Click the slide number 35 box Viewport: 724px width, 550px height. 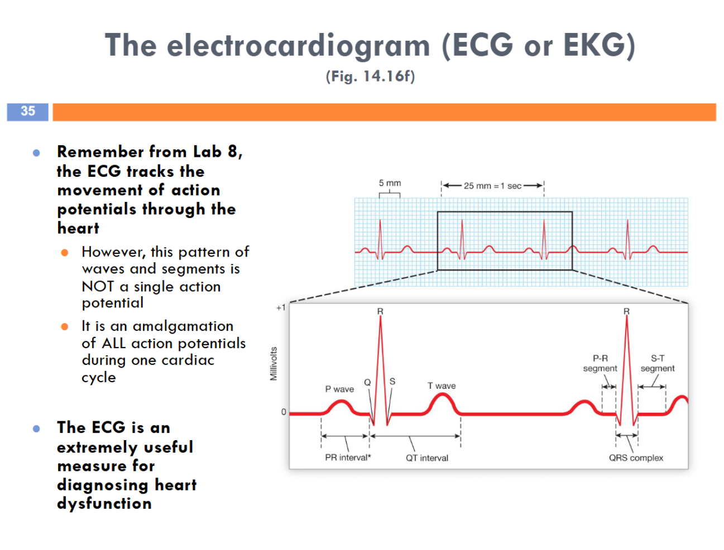27,112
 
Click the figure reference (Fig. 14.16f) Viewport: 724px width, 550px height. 370,76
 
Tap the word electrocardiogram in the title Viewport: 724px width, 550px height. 298,46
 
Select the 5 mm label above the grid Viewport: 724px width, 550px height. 390,183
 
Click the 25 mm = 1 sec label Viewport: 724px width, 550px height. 492,186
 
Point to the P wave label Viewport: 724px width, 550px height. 339,389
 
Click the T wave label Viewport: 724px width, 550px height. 442,386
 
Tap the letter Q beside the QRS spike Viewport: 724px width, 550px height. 367,382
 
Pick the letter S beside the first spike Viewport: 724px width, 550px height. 392,382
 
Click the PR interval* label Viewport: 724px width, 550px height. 348,458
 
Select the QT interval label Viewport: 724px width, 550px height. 427,458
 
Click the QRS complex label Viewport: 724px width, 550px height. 636,458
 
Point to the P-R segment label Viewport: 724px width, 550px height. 600,363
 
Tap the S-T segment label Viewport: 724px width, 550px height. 658,363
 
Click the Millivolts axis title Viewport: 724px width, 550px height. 274,364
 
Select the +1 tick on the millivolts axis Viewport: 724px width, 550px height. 281,307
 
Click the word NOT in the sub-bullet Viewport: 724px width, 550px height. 98,287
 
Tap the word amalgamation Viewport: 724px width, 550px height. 183,326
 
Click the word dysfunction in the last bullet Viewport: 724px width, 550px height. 104,504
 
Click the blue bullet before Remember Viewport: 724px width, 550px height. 36,152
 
